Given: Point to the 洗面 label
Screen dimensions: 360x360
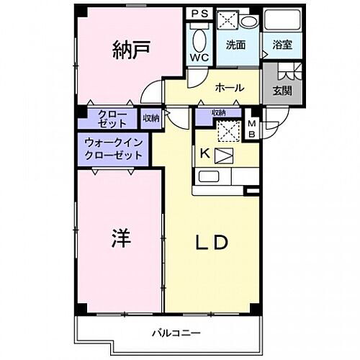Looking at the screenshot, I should (x=236, y=45).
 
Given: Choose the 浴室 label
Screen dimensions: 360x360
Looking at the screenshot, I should (x=281, y=45).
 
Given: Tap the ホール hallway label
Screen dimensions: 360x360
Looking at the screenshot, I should (x=230, y=88).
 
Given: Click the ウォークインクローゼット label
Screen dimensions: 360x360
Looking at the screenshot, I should (x=114, y=149).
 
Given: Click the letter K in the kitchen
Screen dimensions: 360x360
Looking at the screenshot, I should (x=204, y=153).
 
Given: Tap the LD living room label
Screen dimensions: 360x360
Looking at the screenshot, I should (x=212, y=242).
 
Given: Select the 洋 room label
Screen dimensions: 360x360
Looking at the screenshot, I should (x=120, y=238).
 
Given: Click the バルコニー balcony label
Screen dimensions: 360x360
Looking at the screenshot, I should (x=171, y=333).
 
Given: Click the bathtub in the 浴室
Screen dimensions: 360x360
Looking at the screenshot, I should (x=281, y=19).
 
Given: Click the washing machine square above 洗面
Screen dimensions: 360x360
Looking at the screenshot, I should (x=231, y=19).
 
